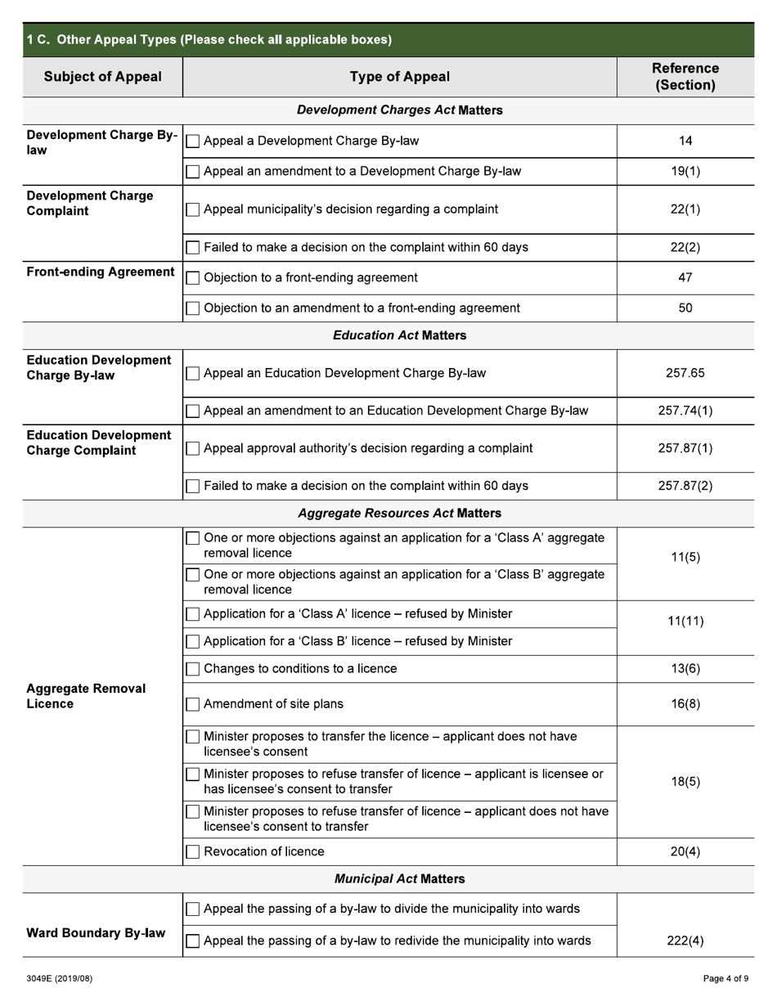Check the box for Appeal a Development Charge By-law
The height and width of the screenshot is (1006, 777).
click(x=193, y=141)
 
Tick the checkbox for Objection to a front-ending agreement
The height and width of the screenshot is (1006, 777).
click(x=193, y=278)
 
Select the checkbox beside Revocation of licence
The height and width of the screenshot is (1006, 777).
click(x=193, y=852)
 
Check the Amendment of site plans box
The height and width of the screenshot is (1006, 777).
click(x=193, y=704)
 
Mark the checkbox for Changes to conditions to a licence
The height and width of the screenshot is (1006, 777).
click(x=193, y=669)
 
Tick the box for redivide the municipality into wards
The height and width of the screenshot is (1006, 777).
click(x=193, y=941)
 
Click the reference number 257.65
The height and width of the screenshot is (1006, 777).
click(x=685, y=373)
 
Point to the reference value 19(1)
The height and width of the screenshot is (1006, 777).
click(x=685, y=172)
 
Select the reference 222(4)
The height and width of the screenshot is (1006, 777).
click(x=685, y=941)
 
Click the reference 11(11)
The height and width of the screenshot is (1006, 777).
click(x=685, y=622)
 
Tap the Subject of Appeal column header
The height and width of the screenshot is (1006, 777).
click(x=102, y=77)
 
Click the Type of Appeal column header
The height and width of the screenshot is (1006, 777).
click(x=399, y=77)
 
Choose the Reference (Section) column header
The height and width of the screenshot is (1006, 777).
click(x=685, y=77)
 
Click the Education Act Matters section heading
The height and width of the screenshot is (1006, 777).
click(x=399, y=335)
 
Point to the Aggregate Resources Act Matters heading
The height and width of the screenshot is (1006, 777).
click(x=399, y=514)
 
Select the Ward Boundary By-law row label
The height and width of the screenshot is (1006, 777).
click(x=96, y=933)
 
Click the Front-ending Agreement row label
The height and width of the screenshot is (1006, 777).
click(x=101, y=272)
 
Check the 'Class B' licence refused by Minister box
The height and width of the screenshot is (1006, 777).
click(x=193, y=642)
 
